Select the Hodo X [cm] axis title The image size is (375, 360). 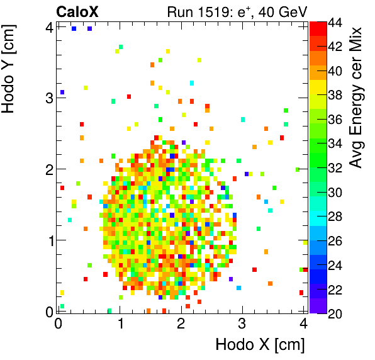click(260, 345)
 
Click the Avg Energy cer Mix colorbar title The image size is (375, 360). click(356, 98)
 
